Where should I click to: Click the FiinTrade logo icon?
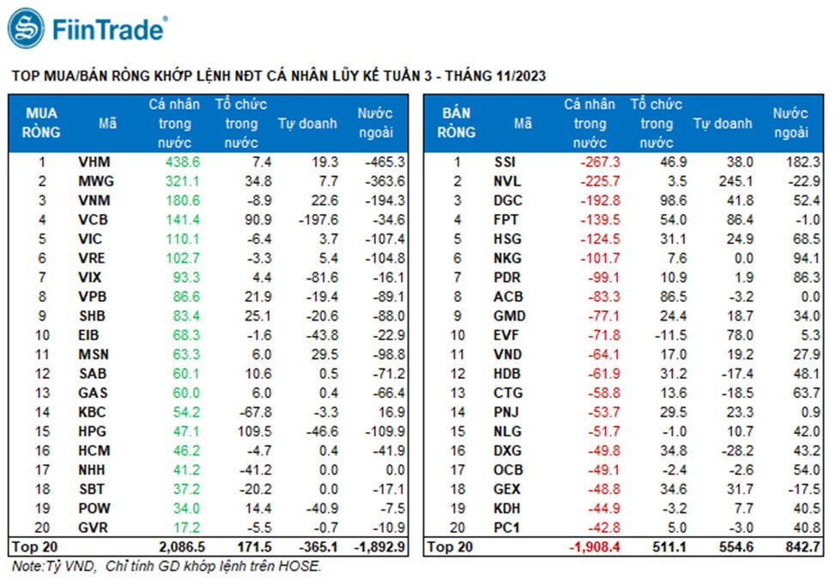[x=26, y=28]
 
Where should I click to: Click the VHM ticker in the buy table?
[x=94, y=162]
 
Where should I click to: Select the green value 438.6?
[x=182, y=162]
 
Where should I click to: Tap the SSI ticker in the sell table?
[x=506, y=162]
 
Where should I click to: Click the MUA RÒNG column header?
[x=42, y=123]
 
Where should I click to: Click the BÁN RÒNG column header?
[x=457, y=123]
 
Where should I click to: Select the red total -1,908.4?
[x=593, y=546]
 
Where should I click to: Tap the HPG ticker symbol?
[x=92, y=431]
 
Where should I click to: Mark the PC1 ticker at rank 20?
[x=506, y=528]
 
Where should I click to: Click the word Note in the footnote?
[x=27, y=566]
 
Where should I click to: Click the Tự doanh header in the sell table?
[x=722, y=123]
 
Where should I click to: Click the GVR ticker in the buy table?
[x=93, y=528]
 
